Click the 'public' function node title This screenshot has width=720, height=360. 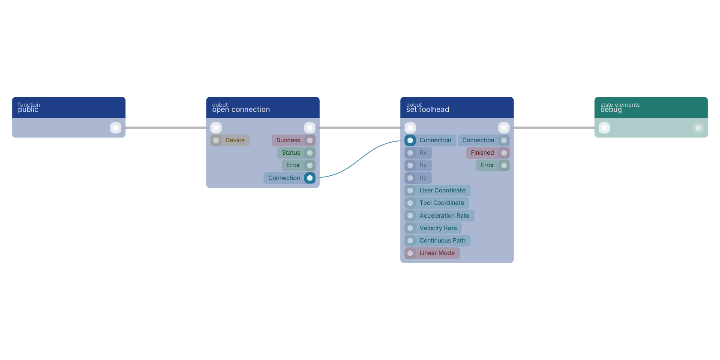click(x=28, y=110)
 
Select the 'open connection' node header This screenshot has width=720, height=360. click(x=263, y=108)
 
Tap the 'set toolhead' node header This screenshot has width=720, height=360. click(x=457, y=108)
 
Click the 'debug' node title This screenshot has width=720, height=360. click(x=611, y=110)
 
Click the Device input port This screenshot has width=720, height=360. click(x=216, y=141)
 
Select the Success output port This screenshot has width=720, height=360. click(x=310, y=141)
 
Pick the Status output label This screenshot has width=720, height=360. click(x=291, y=153)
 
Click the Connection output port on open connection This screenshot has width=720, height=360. click(x=310, y=178)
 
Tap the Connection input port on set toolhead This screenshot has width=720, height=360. click(x=410, y=141)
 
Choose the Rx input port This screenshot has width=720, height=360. click(x=410, y=153)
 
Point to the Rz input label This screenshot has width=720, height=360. click(x=423, y=178)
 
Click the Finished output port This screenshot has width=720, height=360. click(x=504, y=153)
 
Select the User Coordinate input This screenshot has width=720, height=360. click(x=438, y=191)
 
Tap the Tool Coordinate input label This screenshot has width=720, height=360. click(x=441, y=203)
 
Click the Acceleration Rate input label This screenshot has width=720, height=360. click(x=444, y=216)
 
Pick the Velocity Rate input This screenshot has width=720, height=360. click(x=433, y=228)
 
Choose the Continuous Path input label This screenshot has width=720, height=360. click(x=442, y=240)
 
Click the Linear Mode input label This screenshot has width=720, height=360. click(x=437, y=253)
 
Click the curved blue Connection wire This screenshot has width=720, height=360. click(x=360, y=159)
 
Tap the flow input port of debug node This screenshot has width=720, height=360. click(x=604, y=128)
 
